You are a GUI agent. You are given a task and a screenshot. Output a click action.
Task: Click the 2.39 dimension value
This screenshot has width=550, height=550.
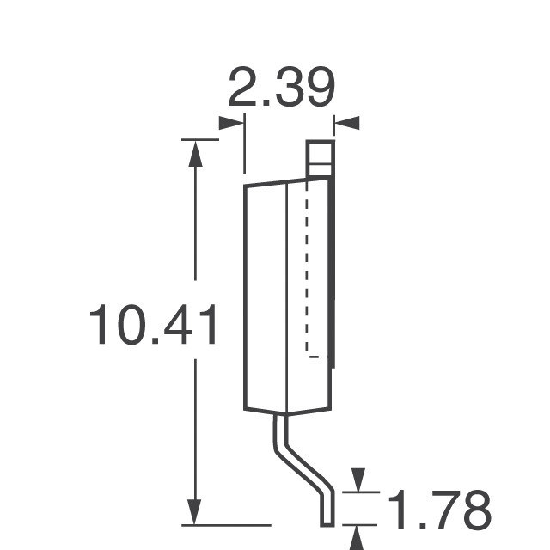[281, 86]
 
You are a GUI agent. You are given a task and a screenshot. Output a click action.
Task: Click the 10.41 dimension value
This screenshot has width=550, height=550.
[153, 324]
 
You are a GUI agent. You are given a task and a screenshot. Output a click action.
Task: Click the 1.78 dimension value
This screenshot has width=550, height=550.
[439, 510]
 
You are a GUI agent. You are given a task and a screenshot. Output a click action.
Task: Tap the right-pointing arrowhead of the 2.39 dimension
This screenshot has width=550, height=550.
[231, 123]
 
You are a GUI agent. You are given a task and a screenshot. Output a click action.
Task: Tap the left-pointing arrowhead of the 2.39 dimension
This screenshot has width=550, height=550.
[346, 123]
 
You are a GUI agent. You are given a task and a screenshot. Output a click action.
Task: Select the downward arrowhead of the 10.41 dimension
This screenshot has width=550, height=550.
[194, 512]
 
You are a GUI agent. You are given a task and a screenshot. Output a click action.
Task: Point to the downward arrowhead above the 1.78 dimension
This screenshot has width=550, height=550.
[358, 480]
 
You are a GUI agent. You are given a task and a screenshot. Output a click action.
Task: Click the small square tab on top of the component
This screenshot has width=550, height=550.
[320, 159]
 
